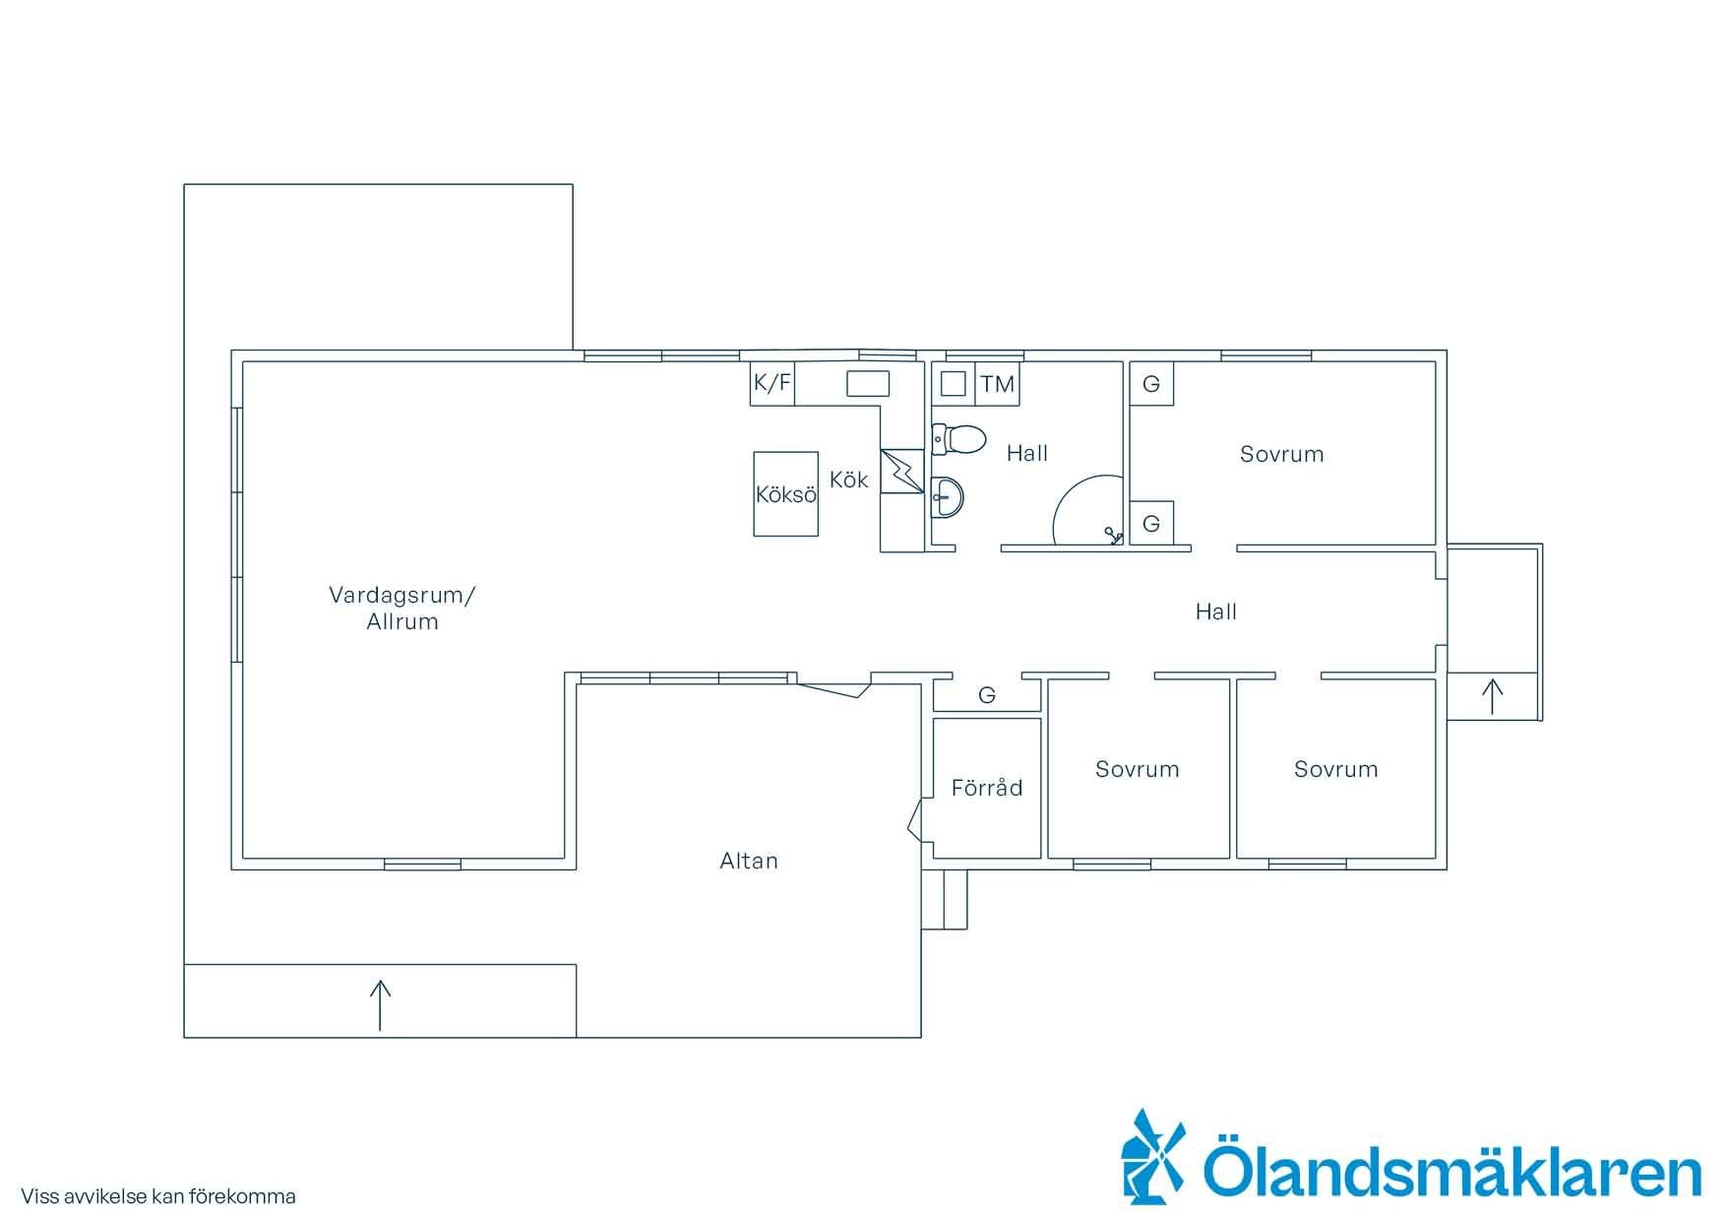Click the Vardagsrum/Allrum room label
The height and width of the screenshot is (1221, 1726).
tap(401, 608)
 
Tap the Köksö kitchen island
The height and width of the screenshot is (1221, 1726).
tap(785, 493)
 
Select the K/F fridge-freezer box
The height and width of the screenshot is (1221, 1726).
tap(771, 383)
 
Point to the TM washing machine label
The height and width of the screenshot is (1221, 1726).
tap(997, 384)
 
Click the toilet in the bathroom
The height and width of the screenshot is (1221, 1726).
tap(958, 439)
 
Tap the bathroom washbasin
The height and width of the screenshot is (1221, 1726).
tap(947, 497)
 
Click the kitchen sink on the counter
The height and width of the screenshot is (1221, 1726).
tap(867, 383)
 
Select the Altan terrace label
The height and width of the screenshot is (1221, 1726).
tap(749, 861)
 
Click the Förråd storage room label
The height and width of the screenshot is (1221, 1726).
tap(987, 788)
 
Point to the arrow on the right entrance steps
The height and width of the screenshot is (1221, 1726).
tap(1492, 696)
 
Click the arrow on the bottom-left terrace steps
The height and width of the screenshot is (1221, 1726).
tap(380, 1005)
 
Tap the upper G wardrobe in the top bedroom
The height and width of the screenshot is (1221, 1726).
tap(1150, 383)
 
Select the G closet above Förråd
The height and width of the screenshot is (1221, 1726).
tap(987, 695)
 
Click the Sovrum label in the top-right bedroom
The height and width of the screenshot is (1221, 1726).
tap(1281, 454)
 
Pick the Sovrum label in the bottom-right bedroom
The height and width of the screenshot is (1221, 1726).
tap(1335, 769)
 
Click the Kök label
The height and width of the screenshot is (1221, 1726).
tap(848, 480)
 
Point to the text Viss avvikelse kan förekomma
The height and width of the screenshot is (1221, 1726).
tap(158, 1196)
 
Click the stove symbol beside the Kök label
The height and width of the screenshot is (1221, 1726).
tap(902, 471)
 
